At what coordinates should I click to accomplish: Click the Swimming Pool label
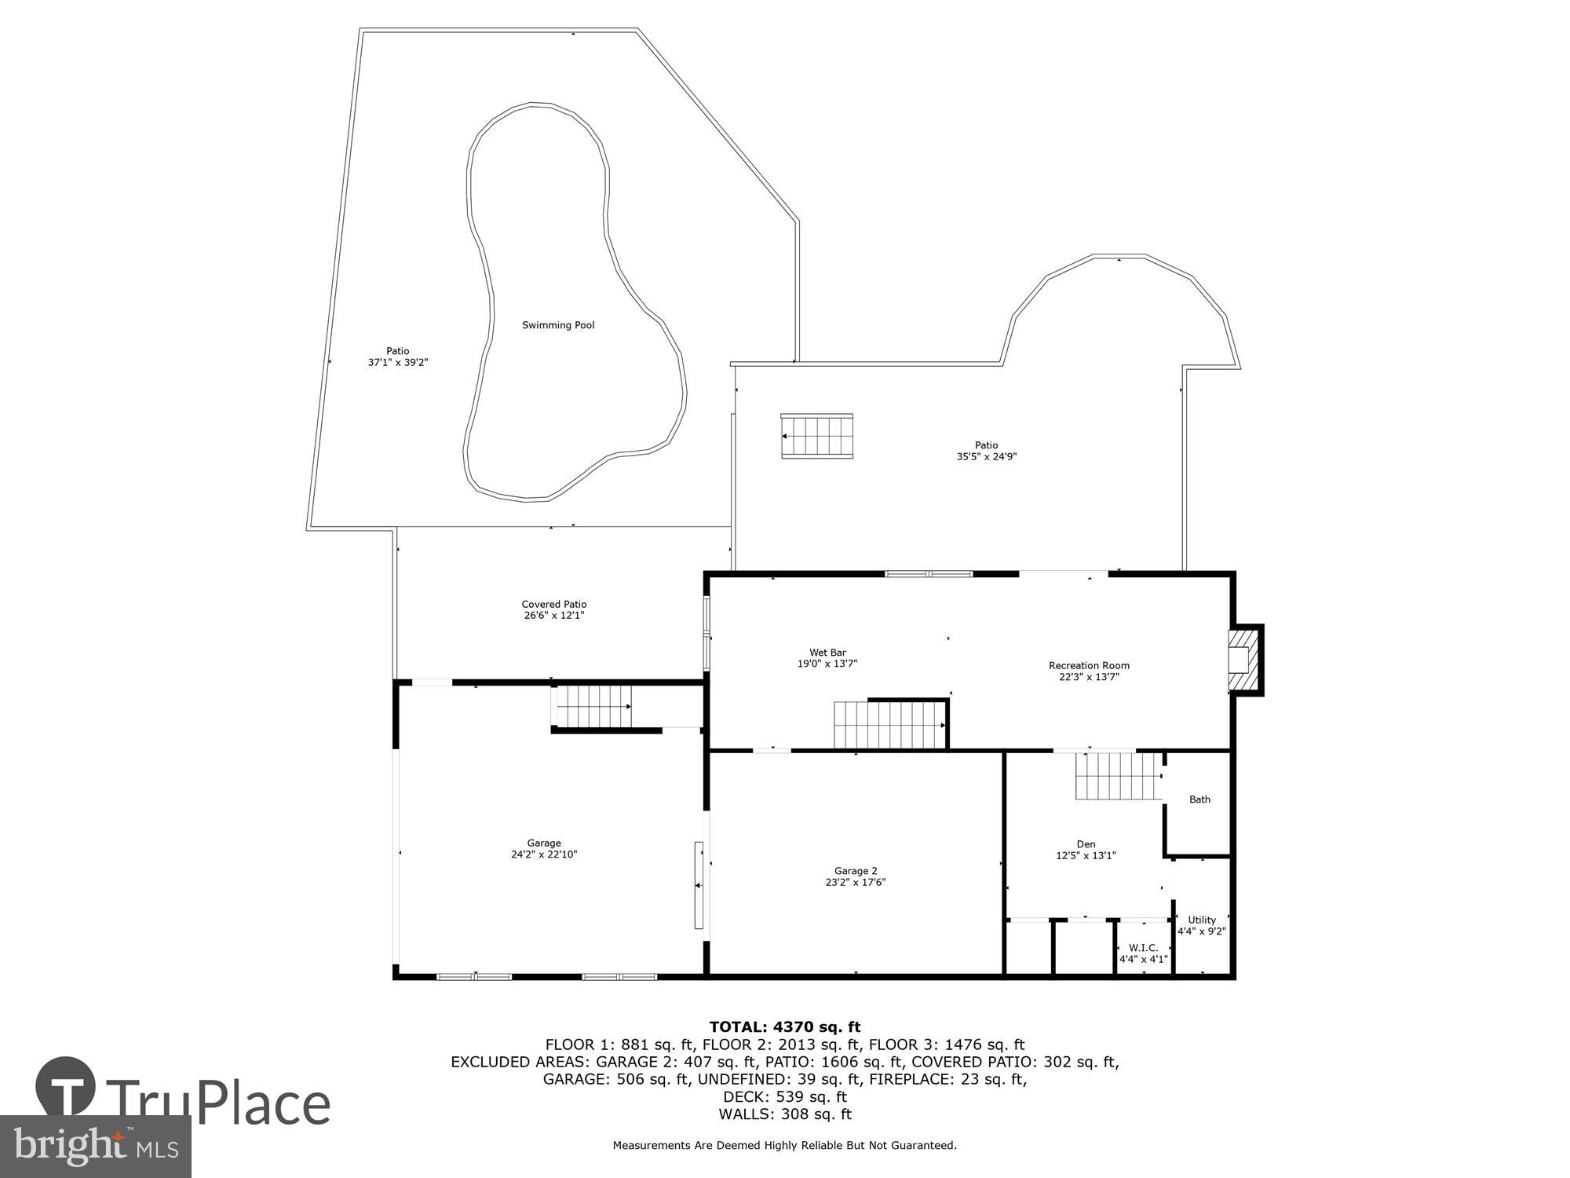(558, 325)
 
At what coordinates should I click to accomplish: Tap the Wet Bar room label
(827, 653)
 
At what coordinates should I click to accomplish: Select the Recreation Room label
(1089, 666)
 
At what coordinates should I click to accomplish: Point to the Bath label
(1199, 799)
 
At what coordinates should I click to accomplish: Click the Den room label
(1086, 844)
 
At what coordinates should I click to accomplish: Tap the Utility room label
(1202, 920)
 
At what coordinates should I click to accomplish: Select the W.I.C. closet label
(1143, 948)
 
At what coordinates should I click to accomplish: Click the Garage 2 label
(856, 871)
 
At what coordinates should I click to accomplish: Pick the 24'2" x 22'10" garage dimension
(544, 854)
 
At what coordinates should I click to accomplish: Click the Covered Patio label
(554, 605)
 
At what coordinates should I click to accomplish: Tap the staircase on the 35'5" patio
(816, 436)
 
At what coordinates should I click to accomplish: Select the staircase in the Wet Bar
(889, 725)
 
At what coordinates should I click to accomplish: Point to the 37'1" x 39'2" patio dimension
(398, 363)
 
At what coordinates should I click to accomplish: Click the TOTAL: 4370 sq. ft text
(785, 1026)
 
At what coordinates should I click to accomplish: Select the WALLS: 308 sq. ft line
(785, 1114)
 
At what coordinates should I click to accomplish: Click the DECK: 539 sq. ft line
(785, 1096)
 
